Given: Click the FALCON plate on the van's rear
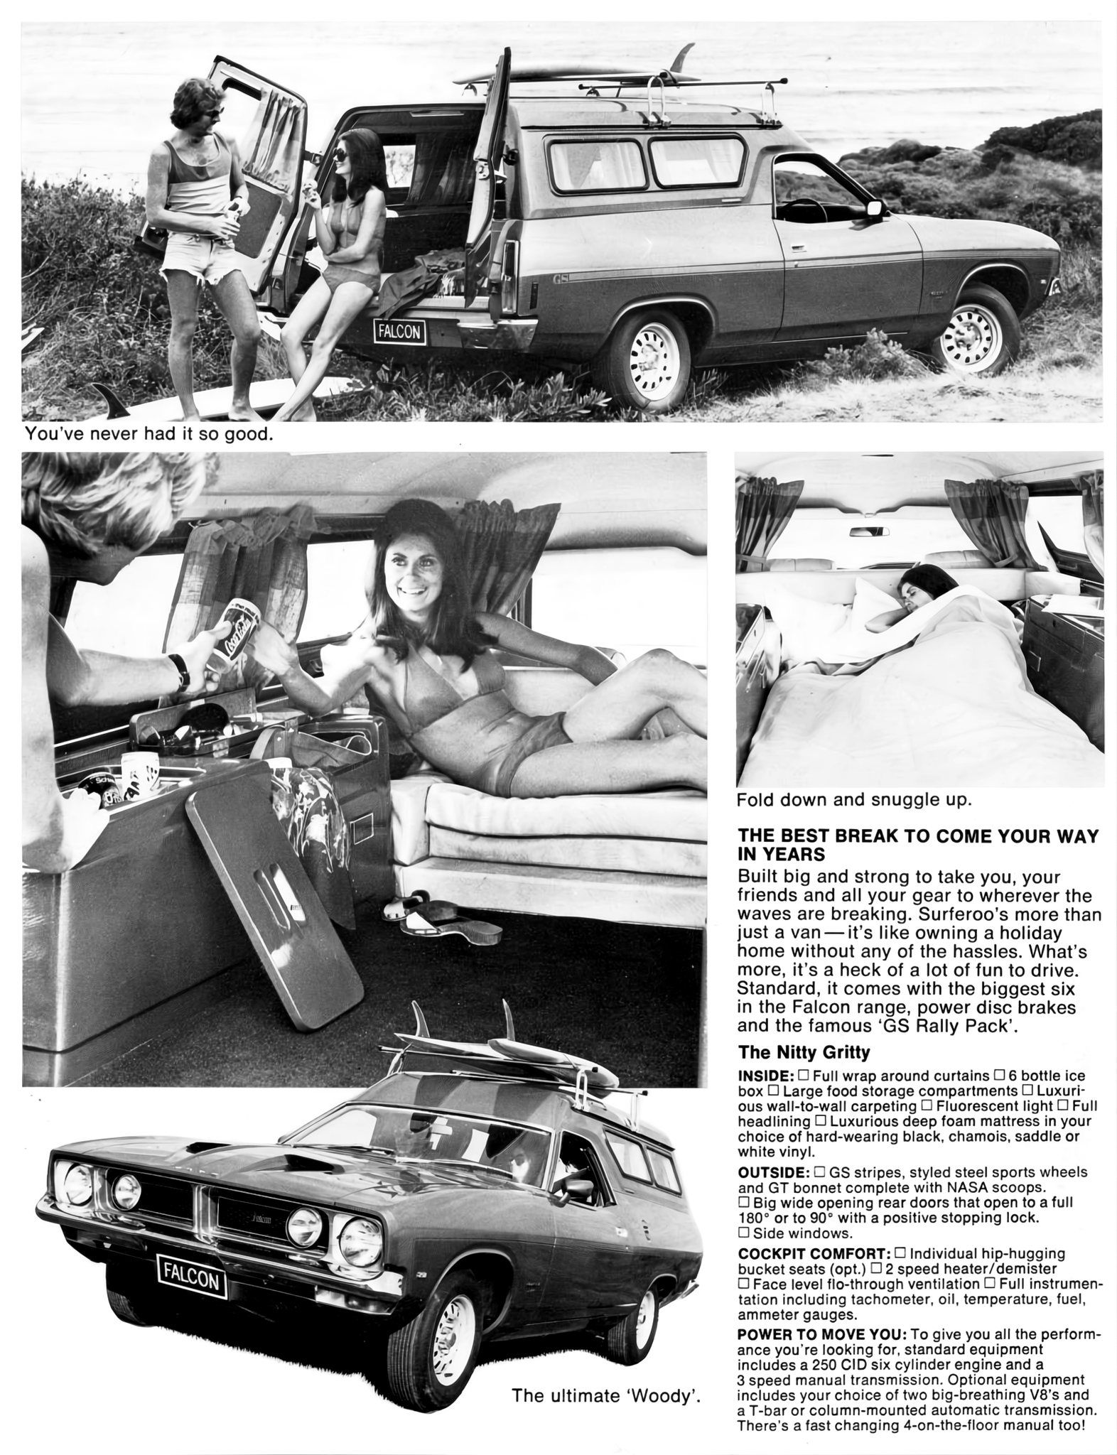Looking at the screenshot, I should tap(400, 331).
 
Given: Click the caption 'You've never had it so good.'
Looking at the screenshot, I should tap(149, 433).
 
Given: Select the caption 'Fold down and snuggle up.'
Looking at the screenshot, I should tap(853, 800).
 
